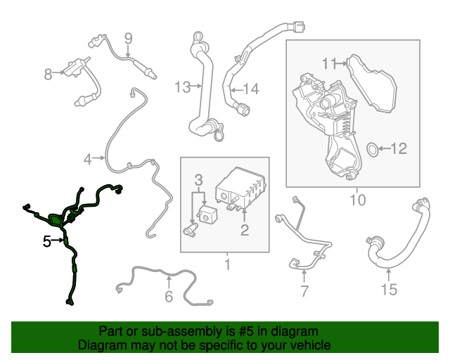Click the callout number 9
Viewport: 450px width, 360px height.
coord(128,39)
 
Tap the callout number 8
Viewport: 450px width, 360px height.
coord(48,74)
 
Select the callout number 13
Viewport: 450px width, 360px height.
coord(183,87)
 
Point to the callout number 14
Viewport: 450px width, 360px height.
coord(252,89)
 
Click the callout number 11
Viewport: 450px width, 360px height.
coord(328,64)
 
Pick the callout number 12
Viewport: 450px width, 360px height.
coord(399,148)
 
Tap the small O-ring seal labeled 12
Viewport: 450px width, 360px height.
coord(373,149)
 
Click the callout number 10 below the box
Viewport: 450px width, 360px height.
coord(358,200)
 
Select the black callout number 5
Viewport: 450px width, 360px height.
coord(47,241)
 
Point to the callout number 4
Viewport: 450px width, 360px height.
coord(87,159)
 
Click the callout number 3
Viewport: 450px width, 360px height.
coord(198,180)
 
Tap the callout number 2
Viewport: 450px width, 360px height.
coord(245,230)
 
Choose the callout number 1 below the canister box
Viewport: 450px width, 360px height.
coord(228,264)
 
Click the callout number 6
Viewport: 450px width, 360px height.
coord(169,296)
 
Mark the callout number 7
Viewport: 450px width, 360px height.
coord(304,291)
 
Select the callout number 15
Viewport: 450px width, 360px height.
coord(390,290)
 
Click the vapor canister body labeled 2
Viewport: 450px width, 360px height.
coord(240,188)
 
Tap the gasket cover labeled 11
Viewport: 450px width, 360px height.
coord(372,83)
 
